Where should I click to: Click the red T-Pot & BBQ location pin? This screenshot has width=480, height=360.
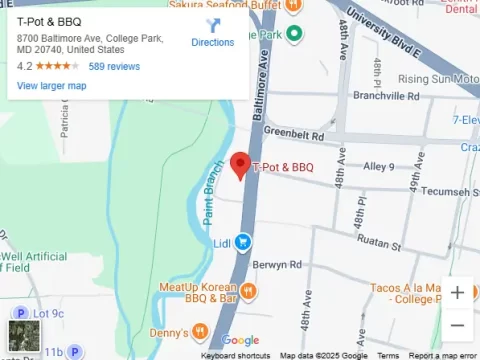pyautogui.click(x=240, y=164)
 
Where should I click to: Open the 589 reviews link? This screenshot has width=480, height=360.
pyautogui.click(x=114, y=66)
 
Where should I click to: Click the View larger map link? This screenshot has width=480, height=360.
pyautogui.click(x=51, y=86)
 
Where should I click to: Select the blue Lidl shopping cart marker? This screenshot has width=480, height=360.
pyautogui.click(x=243, y=242)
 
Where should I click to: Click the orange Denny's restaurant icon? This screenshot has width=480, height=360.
pyautogui.click(x=201, y=331)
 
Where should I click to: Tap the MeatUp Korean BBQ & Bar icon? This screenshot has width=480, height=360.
pyautogui.click(x=249, y=291)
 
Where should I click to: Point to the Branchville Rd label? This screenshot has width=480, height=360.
pyautogui.click(x=387, y=97)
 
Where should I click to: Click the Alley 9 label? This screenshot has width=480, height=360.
pyautogui.click(x=379, y=166)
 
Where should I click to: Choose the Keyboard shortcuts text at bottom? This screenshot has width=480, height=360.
pyautogui.click(x=235, y=355)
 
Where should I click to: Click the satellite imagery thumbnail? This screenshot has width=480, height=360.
pyautogui.click(x=23, y=336)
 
